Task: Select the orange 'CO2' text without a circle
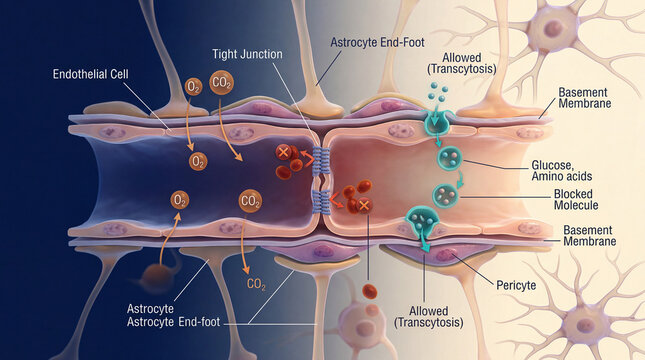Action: (256, 286)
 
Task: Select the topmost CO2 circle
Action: (223, 82)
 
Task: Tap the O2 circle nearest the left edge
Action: (179, 200)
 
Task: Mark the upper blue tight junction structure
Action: (321, 159)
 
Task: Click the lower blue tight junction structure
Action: (321, 203)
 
